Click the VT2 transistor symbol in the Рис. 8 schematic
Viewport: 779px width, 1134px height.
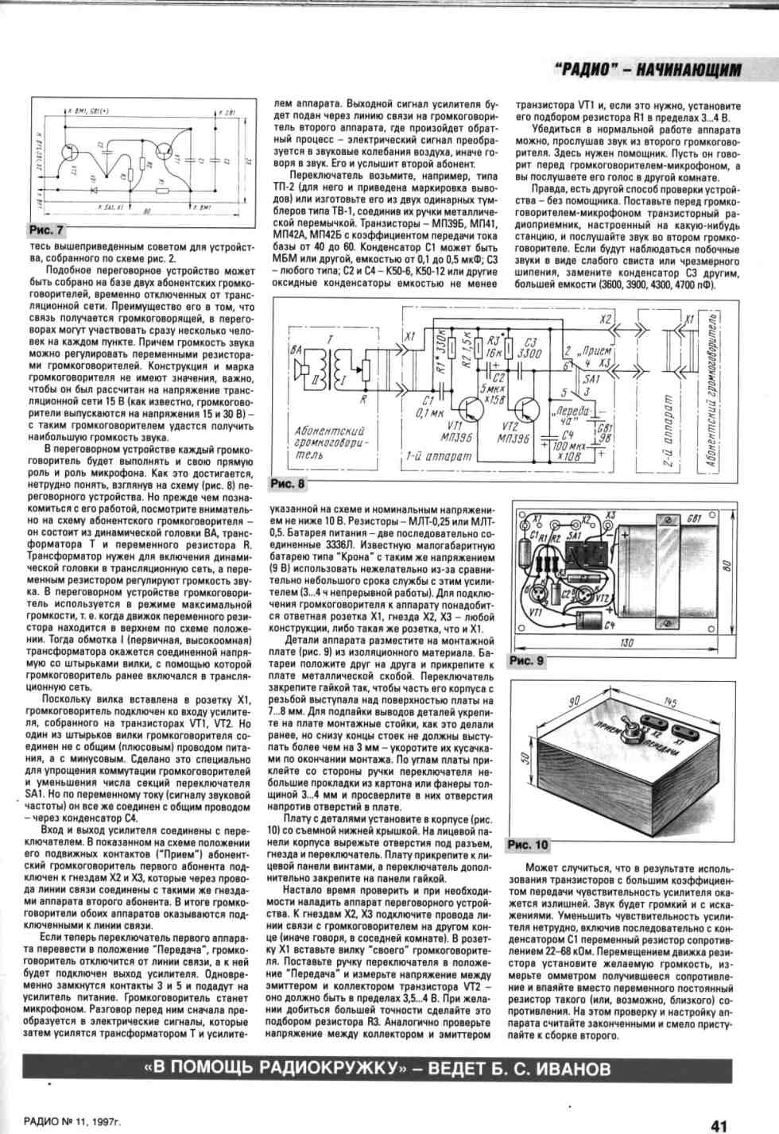point(527,411)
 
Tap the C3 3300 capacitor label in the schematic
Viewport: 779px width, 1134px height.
point(529,348)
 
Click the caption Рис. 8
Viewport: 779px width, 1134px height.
point(287,483)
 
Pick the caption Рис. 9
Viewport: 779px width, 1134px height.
point(527,660)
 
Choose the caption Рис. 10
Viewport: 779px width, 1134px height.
point(529,845)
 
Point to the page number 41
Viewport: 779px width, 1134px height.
point(719,1125)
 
